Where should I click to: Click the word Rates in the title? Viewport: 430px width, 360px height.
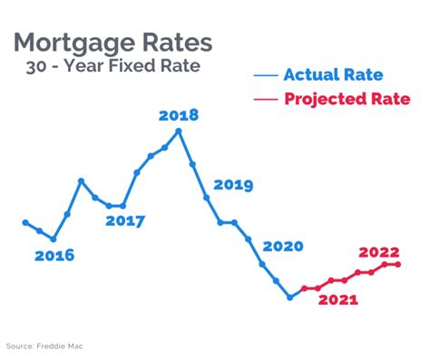coord(174,43)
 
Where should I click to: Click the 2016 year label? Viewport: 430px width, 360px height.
coord(54,256)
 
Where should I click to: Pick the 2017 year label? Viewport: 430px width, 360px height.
coord(125,220)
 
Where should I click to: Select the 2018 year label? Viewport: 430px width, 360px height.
coord(178,115)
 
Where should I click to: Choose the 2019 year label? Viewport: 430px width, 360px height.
coord(233,185)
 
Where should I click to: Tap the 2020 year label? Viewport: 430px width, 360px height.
coord(283,247)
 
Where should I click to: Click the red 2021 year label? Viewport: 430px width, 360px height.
coord(337,300)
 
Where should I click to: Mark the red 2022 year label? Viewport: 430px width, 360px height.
coord(379,252)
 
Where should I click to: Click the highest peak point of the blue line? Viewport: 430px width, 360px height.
coord(179,131)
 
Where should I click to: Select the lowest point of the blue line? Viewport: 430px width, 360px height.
coord(290,297)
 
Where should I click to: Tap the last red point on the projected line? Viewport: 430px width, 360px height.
coord(398,264)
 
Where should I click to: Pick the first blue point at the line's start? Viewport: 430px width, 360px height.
coord(25,222)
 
